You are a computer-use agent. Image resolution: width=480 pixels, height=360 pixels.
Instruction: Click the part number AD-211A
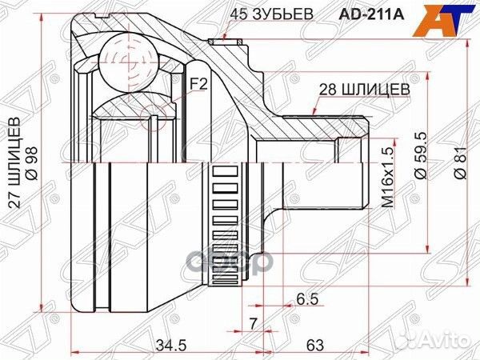(371, 14)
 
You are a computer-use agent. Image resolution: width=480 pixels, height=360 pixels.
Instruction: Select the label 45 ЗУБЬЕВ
(272, 14)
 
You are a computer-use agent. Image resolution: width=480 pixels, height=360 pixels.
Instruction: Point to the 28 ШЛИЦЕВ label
(364, 90)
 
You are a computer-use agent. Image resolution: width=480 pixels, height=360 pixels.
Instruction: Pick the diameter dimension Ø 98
(32, 163)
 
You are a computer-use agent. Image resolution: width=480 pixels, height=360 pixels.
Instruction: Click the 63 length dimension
(314, 346)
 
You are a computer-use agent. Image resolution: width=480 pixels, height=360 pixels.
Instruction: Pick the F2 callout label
(199, 84)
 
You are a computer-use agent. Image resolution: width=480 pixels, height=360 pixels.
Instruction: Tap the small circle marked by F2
(154, 118)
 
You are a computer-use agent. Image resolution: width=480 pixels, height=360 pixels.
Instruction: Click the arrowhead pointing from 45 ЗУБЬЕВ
(225, 37)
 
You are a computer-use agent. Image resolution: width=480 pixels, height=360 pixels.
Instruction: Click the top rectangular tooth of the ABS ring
(226, 171)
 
